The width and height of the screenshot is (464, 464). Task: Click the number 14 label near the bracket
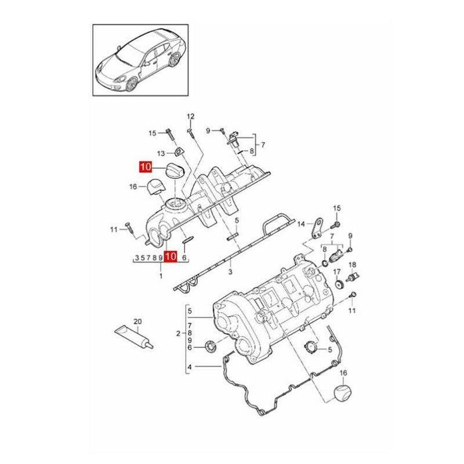301,224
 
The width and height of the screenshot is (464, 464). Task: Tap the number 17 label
337,271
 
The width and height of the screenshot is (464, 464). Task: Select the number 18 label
351,264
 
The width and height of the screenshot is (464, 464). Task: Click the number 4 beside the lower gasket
190,368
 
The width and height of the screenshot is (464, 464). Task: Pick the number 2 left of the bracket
178,333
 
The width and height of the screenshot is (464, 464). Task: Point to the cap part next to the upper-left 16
154,186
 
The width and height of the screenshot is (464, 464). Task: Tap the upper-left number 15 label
152,133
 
